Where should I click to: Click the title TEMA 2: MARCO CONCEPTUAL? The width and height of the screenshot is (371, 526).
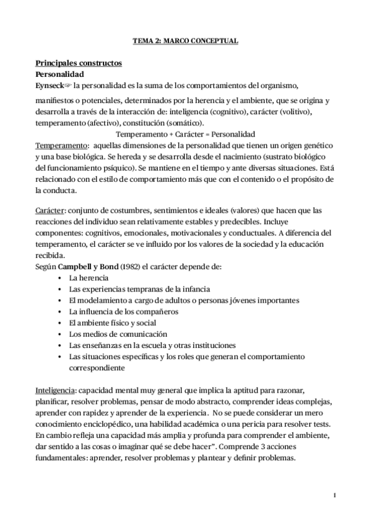185,41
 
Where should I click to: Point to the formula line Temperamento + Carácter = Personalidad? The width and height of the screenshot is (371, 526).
186,134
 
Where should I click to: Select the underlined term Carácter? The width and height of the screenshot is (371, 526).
51,211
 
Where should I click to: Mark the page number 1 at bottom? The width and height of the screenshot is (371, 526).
334,494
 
